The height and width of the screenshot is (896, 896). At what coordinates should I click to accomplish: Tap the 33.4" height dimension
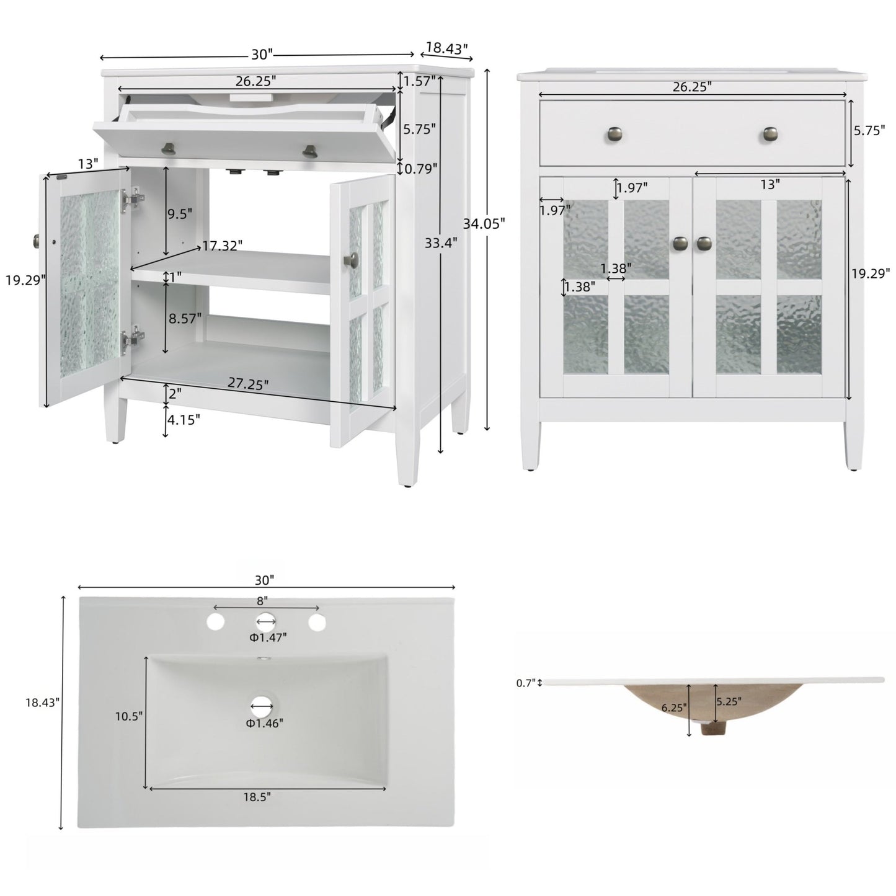[441, 244]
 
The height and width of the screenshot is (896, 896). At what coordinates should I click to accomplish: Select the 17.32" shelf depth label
[222, 246]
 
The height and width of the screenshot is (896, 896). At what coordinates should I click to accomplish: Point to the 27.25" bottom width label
[248, 383]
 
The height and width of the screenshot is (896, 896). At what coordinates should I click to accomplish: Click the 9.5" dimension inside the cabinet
[180, 213]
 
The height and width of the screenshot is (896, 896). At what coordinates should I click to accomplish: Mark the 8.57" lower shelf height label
[185, 318]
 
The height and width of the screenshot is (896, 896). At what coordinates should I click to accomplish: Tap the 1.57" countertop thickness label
[419, 81]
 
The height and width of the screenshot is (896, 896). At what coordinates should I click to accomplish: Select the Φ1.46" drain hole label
[264, 723]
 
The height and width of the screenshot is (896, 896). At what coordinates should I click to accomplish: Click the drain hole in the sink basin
[262, 704]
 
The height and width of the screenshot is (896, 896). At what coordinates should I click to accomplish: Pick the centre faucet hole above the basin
[266, 621]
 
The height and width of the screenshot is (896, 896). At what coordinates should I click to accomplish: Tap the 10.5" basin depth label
[129, 716]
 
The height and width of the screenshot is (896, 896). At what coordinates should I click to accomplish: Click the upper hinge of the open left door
[133, 198]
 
